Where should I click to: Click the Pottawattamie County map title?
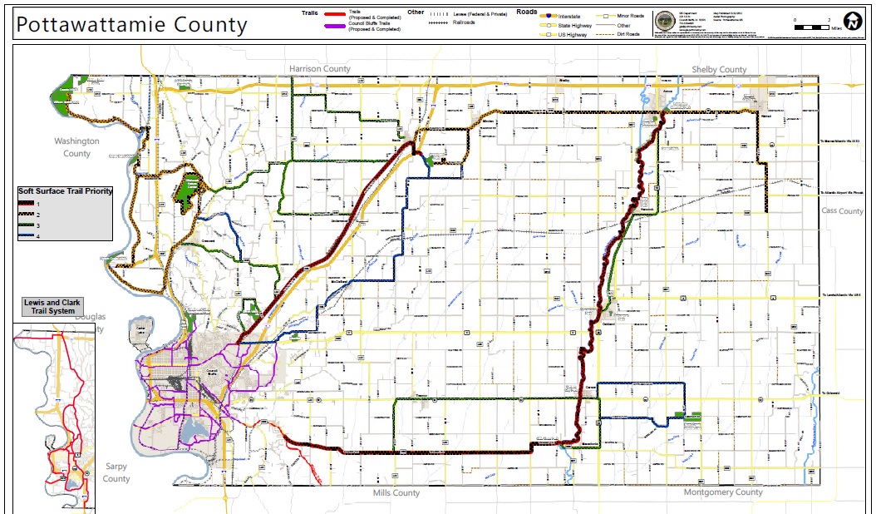tap(131, 24)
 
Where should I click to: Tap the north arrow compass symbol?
tap(853, 21)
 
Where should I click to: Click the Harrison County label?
tap(320, 68)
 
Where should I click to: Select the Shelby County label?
tap(719, 70)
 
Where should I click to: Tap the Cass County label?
tap(842, 211)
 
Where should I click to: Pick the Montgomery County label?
tap(722, 492)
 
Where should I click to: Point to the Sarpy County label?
tap(116, 472)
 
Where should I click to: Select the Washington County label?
tap(76, 147)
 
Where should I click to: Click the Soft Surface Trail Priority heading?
tap(65, 191)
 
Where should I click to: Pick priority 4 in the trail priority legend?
tap(29, 236)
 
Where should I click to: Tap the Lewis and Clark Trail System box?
tap(54, 306)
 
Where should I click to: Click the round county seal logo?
tap(665, 22)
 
